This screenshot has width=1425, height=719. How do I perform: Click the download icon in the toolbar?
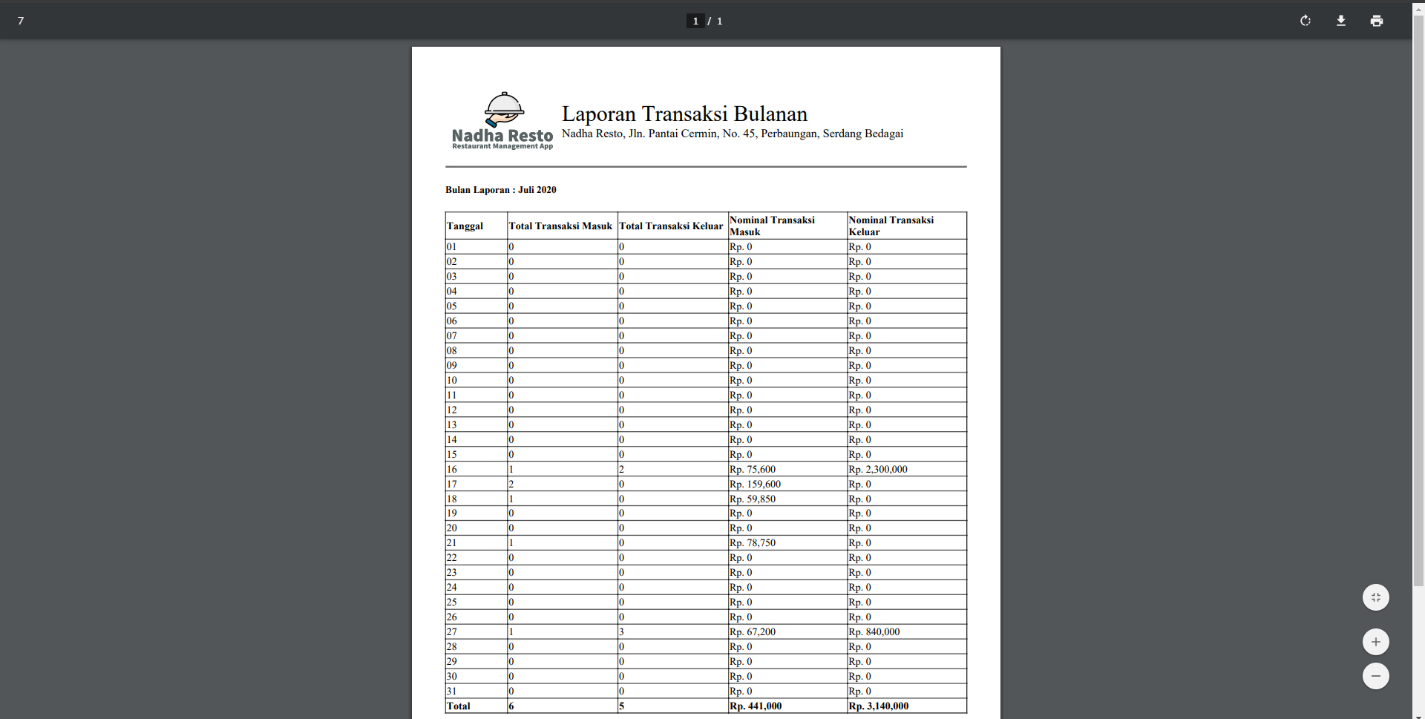(1340, 21)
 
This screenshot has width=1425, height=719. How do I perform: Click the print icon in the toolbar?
(1376, 21)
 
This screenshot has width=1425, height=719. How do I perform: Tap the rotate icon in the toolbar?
(1305, 21)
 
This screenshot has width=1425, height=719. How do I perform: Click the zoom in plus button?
(1375, 642)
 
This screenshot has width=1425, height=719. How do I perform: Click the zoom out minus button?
(1375, 676)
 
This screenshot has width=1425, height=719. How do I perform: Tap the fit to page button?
(1375, 597)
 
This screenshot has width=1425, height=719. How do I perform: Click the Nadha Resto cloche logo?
(504, 111)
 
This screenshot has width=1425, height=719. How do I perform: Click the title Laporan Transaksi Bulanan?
(684, 114)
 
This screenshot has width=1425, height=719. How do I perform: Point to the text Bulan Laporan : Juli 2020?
(500, 190)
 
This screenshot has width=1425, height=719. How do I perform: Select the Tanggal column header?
(465, 226)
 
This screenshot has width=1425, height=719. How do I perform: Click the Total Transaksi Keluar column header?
(671, 226)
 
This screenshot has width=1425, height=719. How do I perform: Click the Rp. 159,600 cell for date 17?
(755, 485)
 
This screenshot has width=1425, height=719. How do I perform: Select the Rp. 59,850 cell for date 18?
(753, 499)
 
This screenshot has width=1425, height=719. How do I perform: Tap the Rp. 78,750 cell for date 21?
(753, 543)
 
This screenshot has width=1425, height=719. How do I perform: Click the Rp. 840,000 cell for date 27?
(874, 632)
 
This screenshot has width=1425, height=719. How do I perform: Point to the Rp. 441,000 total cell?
(756, 706)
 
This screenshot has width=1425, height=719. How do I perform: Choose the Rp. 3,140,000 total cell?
(878, 706)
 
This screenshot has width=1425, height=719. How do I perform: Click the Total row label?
(459, 706)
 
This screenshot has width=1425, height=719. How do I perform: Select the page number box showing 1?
(695, 21)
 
